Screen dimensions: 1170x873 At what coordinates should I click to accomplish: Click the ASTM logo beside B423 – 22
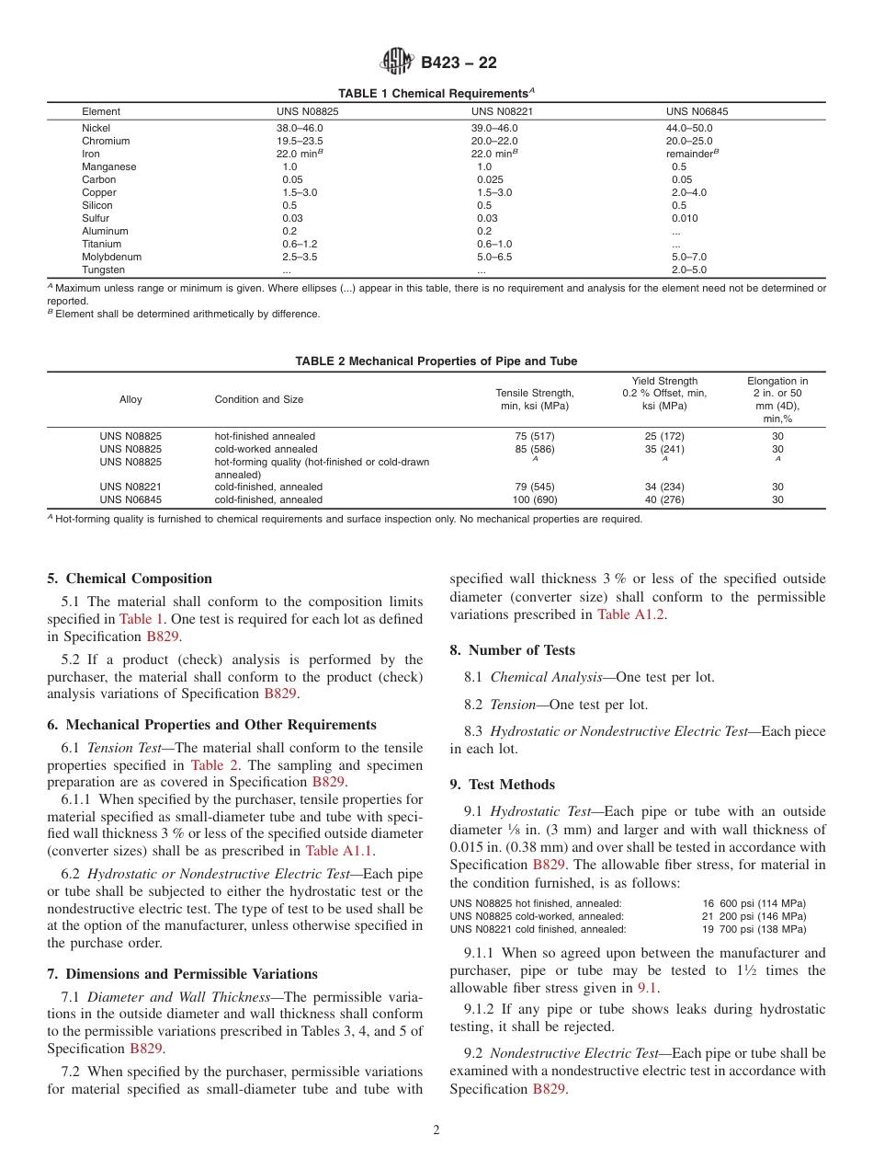click(397, 63)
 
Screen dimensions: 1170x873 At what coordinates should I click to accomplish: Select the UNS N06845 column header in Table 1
click(697, 111)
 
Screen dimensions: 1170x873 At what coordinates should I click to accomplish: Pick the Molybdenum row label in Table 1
click(111, 257)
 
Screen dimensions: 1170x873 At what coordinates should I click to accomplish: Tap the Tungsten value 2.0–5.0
click(689, 270)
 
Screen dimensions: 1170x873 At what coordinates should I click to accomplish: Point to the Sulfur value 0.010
click(685, 218)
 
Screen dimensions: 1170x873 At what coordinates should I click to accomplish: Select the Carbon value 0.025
click(491, 179)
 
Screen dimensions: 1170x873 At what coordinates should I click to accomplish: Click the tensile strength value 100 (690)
click(534, 499)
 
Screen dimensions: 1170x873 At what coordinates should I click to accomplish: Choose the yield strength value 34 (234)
click(663, 487)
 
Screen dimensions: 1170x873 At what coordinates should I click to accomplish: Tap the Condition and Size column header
click(259, 399)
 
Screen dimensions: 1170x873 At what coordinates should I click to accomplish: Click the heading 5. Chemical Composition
click(130, 579)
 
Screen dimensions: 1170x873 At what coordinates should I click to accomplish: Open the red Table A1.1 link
click(338, 850)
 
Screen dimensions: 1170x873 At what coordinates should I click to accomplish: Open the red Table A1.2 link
click(629, 614)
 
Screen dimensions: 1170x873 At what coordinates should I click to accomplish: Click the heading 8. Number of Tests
click(512, 650)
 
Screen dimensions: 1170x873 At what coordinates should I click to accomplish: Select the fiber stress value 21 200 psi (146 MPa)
click(754, 916)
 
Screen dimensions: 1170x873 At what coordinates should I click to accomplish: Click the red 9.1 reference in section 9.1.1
click(648, 987)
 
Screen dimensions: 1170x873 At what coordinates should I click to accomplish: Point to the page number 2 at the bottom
click(436, 1130)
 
